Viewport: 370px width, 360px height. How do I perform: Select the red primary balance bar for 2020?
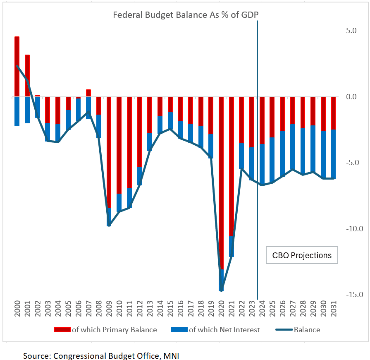(x=222, y=182)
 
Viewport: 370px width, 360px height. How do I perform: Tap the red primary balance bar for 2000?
(x=17, y=66)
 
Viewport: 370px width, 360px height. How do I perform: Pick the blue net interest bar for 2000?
(x=17, y=111)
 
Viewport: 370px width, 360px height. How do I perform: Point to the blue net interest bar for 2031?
(x=333, y=154)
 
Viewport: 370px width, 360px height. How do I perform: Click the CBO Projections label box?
(x=302, y=255)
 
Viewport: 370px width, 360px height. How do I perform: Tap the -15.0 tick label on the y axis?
(x=355, y=295)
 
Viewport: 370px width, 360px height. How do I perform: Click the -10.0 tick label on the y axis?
(x=355, y=228)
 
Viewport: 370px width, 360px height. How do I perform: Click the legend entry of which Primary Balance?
(x=114, y=330)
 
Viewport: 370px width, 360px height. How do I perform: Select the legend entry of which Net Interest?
(x=224, y=330)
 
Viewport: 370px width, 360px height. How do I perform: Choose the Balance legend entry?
(x=307, y=330)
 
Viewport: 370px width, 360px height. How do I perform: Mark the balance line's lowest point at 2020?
(x=222, y=290)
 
